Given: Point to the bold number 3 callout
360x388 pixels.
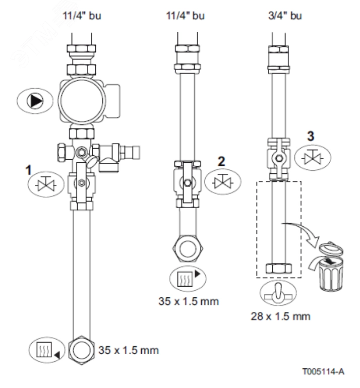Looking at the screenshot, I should click(x=312, y=136).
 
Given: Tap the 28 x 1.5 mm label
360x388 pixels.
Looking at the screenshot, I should click(x=281, y=316).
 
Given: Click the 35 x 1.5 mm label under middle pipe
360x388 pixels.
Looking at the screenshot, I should click(x=188, y=303).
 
